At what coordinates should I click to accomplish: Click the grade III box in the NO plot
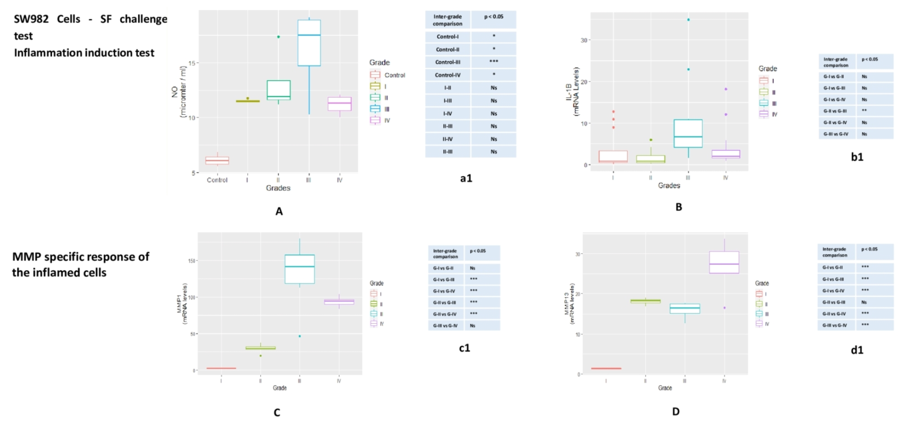click(309, 43)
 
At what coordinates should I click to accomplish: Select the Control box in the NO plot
click(217, 160)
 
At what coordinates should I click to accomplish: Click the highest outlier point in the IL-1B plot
click(688, 20)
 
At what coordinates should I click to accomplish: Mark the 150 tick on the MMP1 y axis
click(192, 261)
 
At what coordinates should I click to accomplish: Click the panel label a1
click(466, 178)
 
